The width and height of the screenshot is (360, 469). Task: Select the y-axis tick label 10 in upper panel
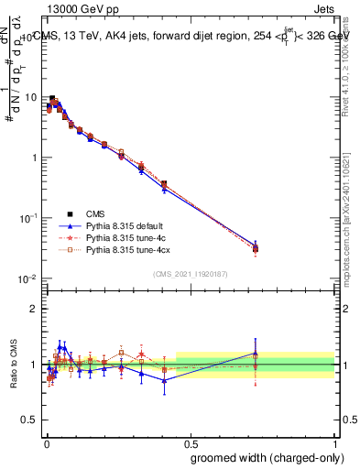pos(31,97)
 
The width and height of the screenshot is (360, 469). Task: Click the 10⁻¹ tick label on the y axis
pos(30,218)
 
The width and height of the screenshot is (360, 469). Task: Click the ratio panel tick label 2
pos(35,309)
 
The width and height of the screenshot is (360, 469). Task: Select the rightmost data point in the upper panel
pos(256,248)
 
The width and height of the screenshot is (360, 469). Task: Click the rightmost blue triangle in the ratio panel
pos(256,354)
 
